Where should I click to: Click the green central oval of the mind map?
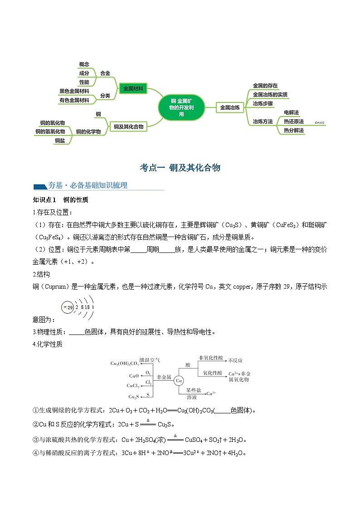click(x=181, y=107)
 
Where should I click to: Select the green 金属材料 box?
click(x=133, y=89)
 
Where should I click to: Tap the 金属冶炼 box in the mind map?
click(x=229, y=107)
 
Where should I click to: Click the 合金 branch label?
click(x=105, y=73)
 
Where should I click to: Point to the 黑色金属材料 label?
click(x=75, y=91)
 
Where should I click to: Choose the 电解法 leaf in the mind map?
click(x=291, y=112)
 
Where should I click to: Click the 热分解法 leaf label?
click(x=294, y=131)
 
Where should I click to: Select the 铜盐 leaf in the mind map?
click(x=60, y=141)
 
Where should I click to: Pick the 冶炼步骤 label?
click(x=263, y=103)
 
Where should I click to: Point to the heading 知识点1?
click(x=44, y=200)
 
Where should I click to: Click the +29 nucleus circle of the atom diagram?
click(x=68, y=307)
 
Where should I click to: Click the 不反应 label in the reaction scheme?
click(x=235, y=360)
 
